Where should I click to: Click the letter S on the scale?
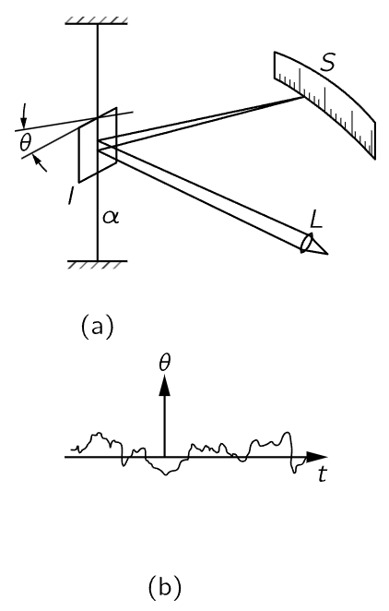tap(327, 62)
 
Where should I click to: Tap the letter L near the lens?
tap(317, 220)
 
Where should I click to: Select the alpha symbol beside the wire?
tap(111, 217)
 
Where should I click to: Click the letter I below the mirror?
tap(70, 196)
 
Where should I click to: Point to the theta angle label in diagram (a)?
tap(25, 143)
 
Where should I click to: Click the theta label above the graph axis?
tap(165, 363)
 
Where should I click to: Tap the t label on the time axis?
tap(322, 473)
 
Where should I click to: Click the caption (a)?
tap(98, 326)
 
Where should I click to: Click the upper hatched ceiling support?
tap(97, 20)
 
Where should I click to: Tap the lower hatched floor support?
tap(98, 264)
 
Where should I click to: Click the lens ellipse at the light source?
tap(307, 243)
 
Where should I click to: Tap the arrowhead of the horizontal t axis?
tap(317, 457)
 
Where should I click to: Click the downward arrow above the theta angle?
tap(24, 115)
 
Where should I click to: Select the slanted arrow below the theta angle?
tap(41, 162)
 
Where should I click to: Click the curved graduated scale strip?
tap(324, 105)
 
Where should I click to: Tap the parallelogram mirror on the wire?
tap(98, 145)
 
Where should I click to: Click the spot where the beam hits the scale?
tap(303, 98)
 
